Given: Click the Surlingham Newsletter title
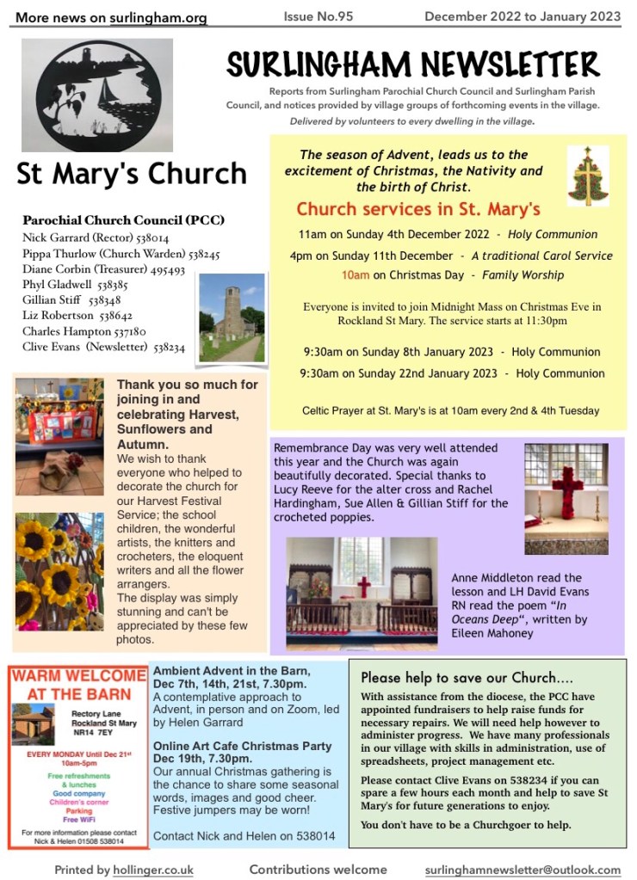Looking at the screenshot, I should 413,65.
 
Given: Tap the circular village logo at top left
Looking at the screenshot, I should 97,94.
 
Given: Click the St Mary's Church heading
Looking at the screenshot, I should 132,173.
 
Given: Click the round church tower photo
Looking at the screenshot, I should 232,317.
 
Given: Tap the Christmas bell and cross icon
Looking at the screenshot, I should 588,175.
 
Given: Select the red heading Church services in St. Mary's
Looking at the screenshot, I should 417,209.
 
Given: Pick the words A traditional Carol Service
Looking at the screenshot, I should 541,255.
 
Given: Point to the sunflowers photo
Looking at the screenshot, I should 59,571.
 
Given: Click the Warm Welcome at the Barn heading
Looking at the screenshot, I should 77,684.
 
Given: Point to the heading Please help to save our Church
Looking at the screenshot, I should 467,678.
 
